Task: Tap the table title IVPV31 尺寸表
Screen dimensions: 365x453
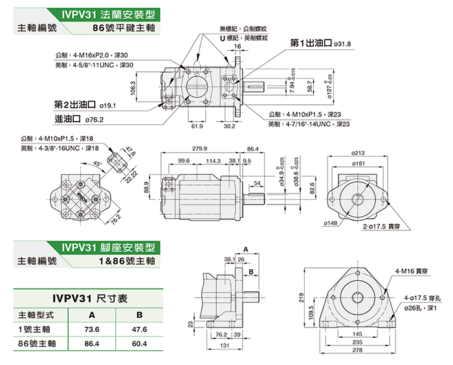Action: click(90, 299)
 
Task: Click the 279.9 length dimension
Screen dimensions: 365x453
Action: click(199, 149)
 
